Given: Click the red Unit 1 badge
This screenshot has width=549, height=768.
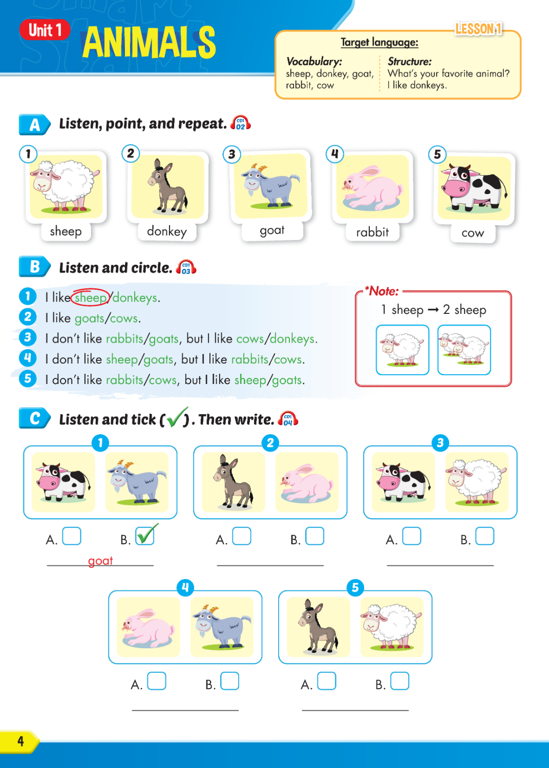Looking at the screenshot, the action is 45,30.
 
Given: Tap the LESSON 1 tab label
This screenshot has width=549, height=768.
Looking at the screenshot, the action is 478,29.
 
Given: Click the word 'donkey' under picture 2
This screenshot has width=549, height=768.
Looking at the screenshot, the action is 167,231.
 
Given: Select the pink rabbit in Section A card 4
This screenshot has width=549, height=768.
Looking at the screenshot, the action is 373,188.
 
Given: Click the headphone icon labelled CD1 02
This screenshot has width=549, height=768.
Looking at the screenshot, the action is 240,123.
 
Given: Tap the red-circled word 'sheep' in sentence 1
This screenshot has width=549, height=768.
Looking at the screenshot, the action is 91,297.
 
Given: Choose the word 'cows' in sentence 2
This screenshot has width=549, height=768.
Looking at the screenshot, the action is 124,318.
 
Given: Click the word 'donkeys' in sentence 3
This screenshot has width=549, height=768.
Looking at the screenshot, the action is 292,339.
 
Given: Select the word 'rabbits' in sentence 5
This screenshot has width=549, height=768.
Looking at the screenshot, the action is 124,380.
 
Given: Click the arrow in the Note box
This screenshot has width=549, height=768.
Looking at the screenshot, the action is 433,310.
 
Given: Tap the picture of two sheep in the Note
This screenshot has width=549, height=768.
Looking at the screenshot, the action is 464,350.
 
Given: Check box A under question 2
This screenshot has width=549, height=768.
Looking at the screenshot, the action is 241,536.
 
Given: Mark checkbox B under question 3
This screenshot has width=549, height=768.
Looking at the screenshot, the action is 484,536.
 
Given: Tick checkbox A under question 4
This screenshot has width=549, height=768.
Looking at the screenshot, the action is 156,681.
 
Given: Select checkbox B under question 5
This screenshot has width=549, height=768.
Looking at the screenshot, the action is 399,681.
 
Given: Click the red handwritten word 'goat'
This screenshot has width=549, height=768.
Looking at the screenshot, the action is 100,561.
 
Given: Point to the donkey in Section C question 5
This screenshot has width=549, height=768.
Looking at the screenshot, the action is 318,626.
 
